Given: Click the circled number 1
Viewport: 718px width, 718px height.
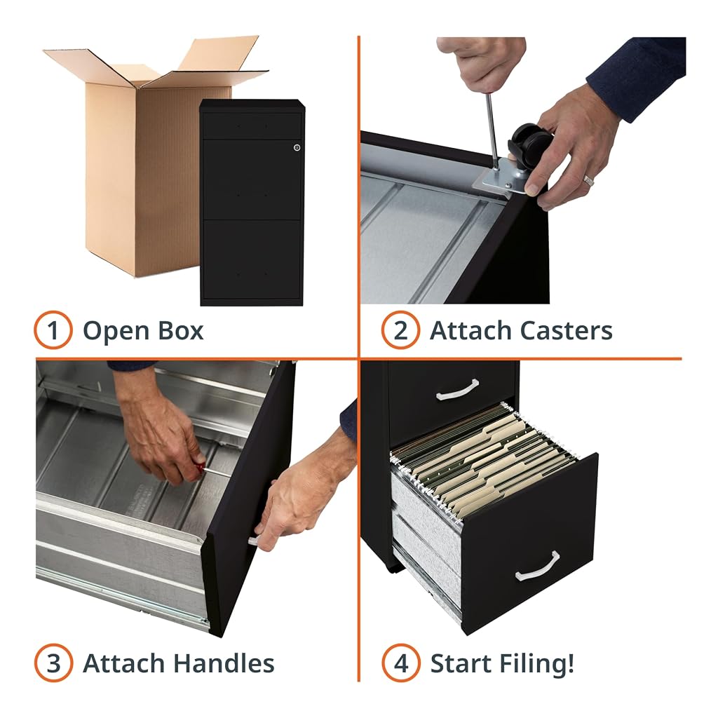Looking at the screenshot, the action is (53, 330).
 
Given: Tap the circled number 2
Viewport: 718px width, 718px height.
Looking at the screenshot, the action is (400, 330).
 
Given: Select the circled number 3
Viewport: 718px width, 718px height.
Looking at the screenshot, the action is (53, 663).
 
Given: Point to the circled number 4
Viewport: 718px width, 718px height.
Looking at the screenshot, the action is (400, 663).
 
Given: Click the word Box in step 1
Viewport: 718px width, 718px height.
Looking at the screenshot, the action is (180, 331).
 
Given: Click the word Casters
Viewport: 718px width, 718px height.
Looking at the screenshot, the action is (566, 331).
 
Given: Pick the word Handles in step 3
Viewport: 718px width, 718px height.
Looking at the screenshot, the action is (224, 663).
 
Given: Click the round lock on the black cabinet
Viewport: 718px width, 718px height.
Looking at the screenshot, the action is (297, 147).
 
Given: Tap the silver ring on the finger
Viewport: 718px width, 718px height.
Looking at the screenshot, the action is (588, 180).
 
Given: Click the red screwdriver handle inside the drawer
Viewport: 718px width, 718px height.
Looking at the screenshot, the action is (198, 466).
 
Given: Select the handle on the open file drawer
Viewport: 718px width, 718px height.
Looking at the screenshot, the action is (538, 567).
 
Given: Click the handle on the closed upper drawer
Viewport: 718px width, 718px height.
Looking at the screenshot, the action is (457, 390).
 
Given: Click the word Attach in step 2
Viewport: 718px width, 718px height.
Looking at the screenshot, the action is (470, 331).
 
